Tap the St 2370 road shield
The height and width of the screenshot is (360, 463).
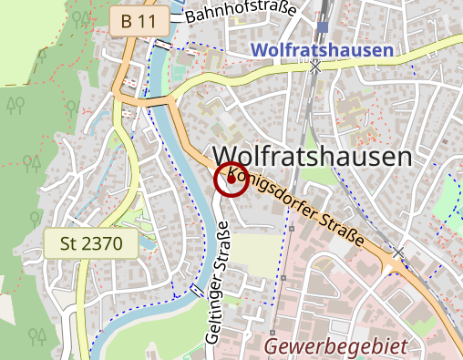90,243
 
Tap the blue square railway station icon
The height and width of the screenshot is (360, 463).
323,26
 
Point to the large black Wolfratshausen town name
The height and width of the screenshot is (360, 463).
312,157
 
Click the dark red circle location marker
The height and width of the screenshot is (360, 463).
231,180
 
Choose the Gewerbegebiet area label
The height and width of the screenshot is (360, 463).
334,346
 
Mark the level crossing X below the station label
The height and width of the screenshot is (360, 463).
315,66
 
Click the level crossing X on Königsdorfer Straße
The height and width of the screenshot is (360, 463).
398,251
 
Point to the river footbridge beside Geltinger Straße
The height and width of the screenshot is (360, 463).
198,291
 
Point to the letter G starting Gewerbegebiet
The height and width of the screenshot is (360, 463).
273,346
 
